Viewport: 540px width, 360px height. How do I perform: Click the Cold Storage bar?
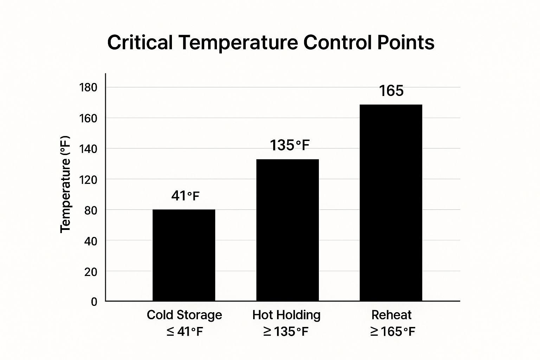(x=184, y=255)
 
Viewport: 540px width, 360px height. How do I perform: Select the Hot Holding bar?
(x=287, y=230)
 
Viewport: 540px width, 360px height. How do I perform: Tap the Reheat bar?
(x=391, y=202)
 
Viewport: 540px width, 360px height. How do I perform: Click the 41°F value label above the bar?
(x=185, y=196)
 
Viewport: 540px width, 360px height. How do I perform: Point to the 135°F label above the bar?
(x=290, y=145)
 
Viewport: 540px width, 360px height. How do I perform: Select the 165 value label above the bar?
(x=391, y=91)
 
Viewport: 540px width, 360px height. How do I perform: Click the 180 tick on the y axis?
(x=88, y=88)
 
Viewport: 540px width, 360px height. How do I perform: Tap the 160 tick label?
(x=88, y=118)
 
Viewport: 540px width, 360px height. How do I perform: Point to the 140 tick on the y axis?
(x=88, y=149)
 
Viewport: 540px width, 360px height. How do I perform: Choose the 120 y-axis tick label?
(x=88, y=180)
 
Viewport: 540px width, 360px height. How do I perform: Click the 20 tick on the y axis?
(x=91, y=271)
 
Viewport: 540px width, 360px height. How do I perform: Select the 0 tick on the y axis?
(x=94, y=302)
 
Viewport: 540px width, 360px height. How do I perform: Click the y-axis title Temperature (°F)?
(x=65, y=184)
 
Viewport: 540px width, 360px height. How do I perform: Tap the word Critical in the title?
(x=140, y=43)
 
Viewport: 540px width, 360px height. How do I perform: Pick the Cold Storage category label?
(x=184, y=315)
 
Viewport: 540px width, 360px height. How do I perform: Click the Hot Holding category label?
(x=286, y=315)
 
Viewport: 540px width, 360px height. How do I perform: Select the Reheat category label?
(x=391, y=315)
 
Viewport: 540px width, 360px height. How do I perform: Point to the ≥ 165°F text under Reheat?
(x=392, y=331)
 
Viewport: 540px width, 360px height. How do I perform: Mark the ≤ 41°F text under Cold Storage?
(x=185, y=331)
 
